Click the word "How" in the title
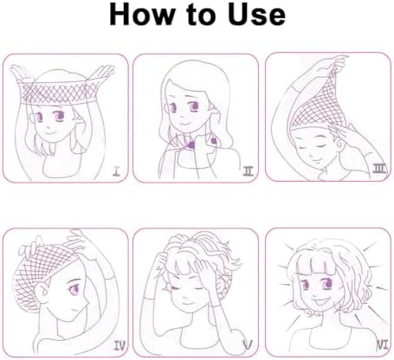coord(142,15)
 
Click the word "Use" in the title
coord(256,15)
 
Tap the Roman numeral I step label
coord(116,172)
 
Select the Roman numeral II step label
coord(249,171)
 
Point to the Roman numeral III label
coord(379,169)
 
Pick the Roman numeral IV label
coord(119,345)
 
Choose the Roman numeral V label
coord(248,344)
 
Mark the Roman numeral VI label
coord(383,344)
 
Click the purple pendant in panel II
coord(191,145)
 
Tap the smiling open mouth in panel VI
coord(321,303)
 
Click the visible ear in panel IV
coord(43,292)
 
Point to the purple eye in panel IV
coord(74,288)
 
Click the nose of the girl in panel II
coord(181,116)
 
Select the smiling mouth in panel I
coord(51,133)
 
